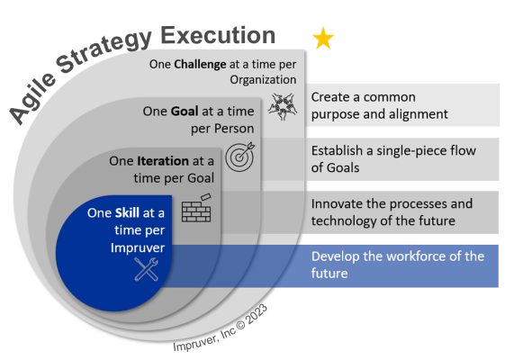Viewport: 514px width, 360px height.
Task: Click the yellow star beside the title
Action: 322,38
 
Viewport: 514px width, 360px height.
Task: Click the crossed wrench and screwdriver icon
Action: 146,267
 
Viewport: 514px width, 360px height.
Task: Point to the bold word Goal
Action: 186,112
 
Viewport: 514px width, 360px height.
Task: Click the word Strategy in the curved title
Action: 98,53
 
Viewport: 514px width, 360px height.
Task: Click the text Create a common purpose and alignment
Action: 379,105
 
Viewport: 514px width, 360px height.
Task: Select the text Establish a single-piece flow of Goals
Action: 392,157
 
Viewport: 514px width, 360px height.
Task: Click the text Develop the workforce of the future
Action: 397,265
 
